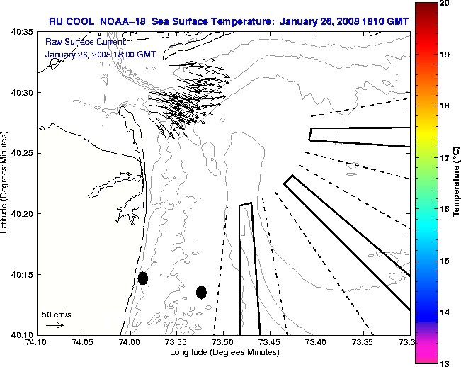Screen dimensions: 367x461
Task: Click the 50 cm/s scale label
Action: (x=56, y=314)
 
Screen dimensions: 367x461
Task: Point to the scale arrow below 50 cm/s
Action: (x=55, y=325)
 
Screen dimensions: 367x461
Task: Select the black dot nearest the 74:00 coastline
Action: (x=143, y=278)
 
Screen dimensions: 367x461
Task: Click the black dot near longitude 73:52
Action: (x=201, y=292)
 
